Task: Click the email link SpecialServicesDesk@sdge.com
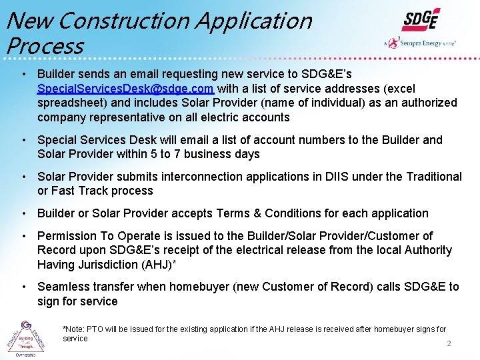(x=125, y=89)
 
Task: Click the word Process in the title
(x=44, y=46)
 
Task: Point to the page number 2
(x=449, y=344)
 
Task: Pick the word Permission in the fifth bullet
(x=67, y=236)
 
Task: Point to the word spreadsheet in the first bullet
(x=70, y=103)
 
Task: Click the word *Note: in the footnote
(x=74, y=329)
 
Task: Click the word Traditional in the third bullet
(x=431, y=177)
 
